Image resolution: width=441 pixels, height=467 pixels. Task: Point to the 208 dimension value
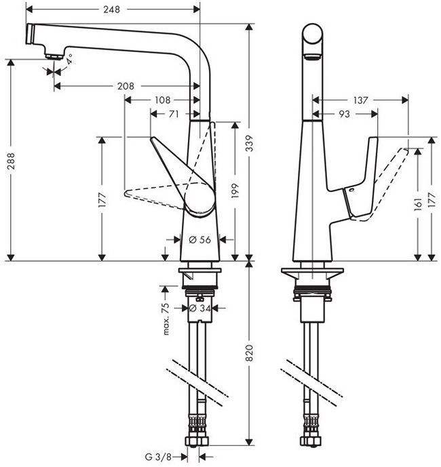[x=126, y=86]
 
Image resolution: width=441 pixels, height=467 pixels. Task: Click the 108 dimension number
[x=162, y=100]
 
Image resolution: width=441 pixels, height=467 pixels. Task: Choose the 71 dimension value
[x=174, y=115]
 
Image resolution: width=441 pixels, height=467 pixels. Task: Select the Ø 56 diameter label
[x=199, y=239]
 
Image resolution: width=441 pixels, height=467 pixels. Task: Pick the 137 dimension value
[x=360, y=100]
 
